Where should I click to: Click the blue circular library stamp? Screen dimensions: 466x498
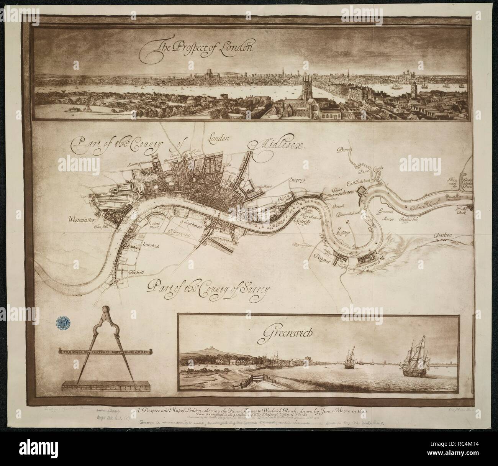[63, 323]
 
